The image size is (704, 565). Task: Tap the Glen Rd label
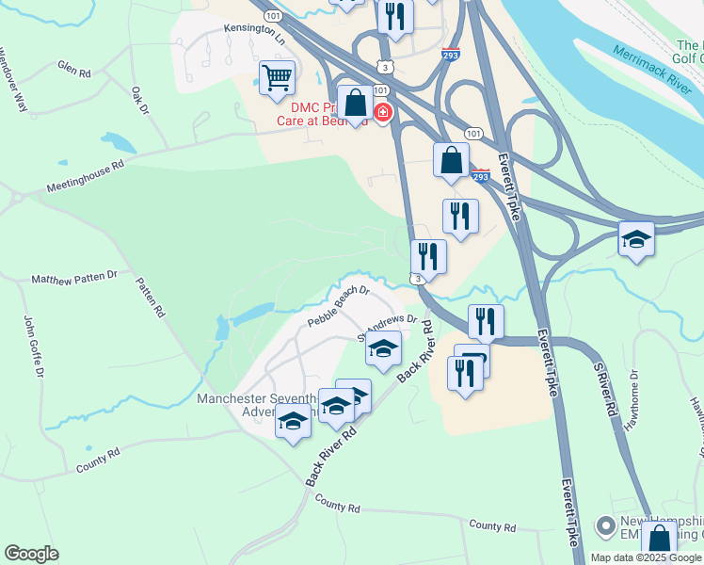73,69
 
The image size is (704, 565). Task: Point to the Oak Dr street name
140,101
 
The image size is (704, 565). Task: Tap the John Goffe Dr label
33,347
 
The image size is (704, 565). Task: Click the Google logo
31,554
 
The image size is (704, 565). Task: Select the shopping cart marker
277,77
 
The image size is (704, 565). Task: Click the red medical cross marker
383,114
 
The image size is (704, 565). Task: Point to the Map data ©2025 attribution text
646,557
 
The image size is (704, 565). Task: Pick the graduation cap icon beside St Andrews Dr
383,348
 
